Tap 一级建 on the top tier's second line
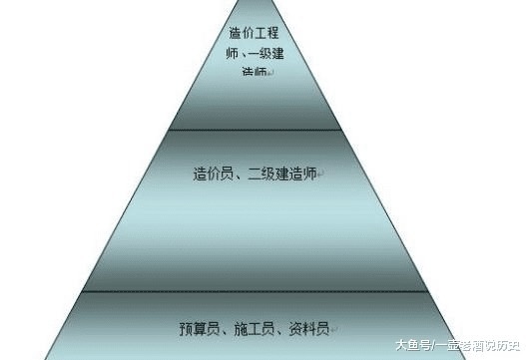tap(269, 52)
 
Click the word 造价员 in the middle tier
tap(214, 173)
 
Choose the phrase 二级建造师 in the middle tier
tap(282, 173)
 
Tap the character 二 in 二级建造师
tap(254, 173)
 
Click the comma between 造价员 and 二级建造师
tap(240, 175)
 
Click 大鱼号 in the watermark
tap(410, 345)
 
